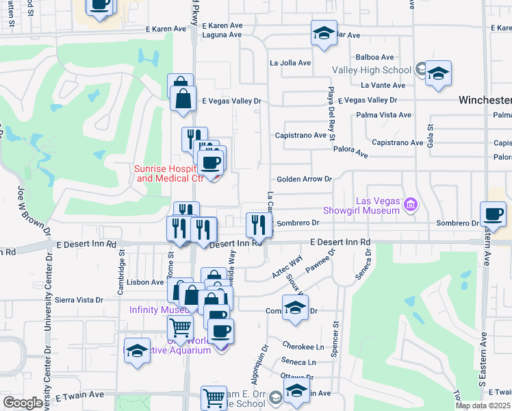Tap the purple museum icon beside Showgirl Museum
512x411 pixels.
[410, 204]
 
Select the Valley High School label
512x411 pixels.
[371, 70]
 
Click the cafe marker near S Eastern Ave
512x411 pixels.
[493, 214]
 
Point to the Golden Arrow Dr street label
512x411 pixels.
[304, 179]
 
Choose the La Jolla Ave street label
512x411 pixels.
[290, 62]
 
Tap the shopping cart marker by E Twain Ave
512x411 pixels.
[214, 397]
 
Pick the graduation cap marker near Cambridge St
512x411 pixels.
[137, 351]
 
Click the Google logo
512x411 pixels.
[23, 403]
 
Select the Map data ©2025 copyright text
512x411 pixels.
[483, 406]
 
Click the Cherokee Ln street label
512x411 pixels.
[305, 347]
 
